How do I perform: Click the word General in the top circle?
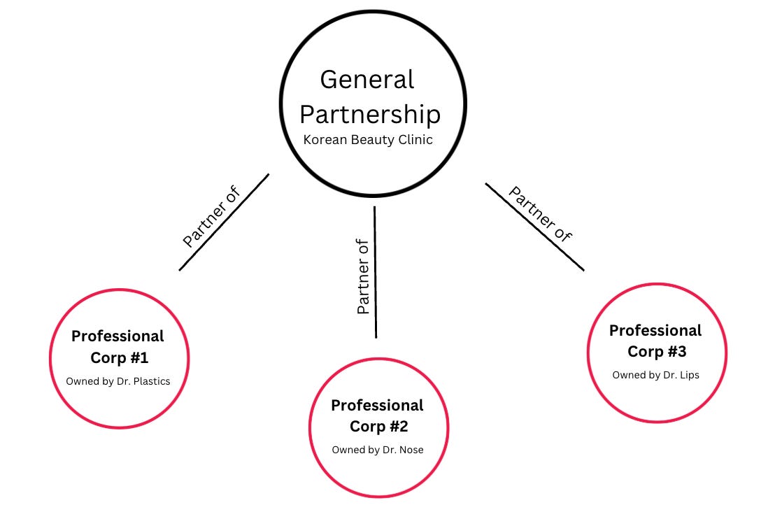[x=367, y=79]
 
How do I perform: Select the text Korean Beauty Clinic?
[x=368, y=140]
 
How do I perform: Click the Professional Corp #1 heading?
[x=118, y=347]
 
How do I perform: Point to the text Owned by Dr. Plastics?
[x=118, y=381]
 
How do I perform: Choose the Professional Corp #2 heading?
[x=377, y=415]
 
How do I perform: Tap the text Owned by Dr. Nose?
[x=378, y=450]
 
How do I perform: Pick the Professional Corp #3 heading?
[x=655, y=341]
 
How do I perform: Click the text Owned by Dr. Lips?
[x=655, y=375]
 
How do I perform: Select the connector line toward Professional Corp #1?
[x=224, y=222]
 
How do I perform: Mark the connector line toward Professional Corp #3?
[x=535, y=227]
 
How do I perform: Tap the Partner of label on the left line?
[x=211, y=217]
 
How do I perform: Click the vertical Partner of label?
[x=363, y=277]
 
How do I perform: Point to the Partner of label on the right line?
[x=540, y=213]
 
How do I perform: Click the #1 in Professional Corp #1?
[x=139, y=358]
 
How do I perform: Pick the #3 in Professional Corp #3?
[x=676, y=351]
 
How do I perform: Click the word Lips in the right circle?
[x=688, y=375]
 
